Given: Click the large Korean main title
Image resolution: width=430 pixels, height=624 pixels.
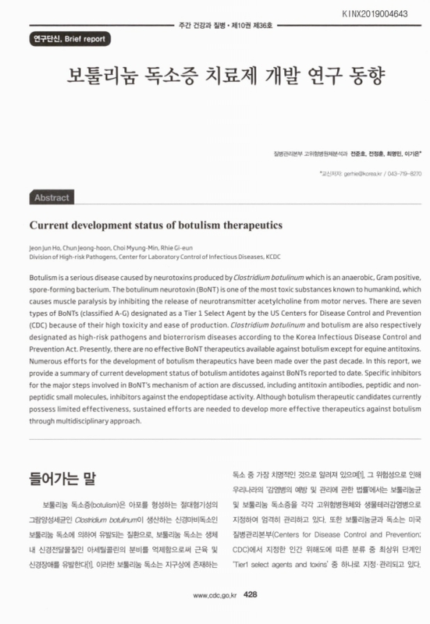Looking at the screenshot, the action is tap(215, 79).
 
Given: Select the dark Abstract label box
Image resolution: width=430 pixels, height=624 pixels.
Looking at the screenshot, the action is tap(52, 198).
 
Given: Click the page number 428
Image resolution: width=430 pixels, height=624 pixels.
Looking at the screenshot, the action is tap(251, 594).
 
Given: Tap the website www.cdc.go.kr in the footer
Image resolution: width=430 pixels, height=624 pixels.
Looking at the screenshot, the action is tap(215, 595).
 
